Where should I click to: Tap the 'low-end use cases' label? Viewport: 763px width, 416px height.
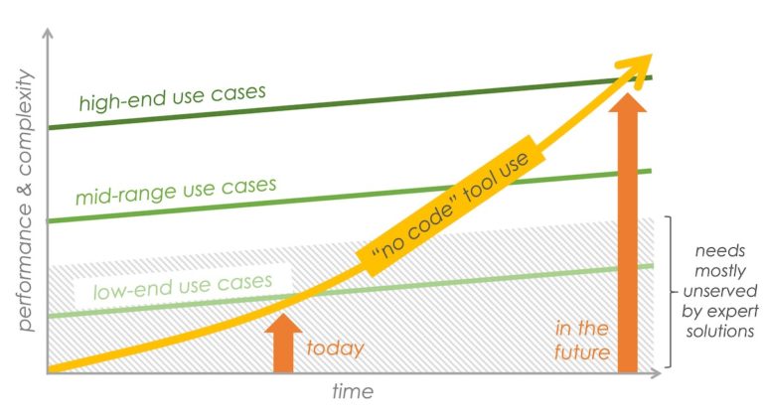(183, 286)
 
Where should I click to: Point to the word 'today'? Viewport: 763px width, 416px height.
(335, 348)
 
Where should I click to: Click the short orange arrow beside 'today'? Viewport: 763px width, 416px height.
(284, 343)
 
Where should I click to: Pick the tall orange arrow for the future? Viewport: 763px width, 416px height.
(628, 233)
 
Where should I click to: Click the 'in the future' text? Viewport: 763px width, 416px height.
(582, 341)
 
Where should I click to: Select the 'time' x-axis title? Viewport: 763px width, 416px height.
(353, 391)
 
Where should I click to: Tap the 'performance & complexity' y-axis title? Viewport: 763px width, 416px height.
(25, 200)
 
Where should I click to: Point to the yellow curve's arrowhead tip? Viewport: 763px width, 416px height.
(652, 55)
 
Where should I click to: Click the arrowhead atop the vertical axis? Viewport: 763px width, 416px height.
(48, 33)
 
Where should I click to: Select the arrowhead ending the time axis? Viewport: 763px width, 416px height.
(656, 373)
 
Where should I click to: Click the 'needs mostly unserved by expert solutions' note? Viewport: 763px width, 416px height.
(719, 291)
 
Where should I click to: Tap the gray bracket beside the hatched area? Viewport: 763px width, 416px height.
(671, 292)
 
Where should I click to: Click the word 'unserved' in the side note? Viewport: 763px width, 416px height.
(720, 291)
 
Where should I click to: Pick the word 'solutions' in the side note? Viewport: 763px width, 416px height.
(720, 332)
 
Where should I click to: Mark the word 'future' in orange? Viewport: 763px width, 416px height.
(582, 351)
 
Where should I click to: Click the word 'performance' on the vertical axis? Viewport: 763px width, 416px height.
(25, 273)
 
